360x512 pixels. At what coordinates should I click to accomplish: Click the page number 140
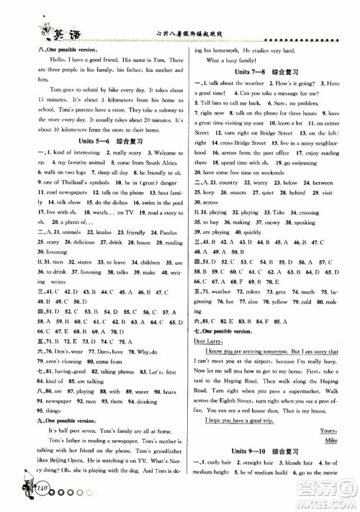(32, 493)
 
